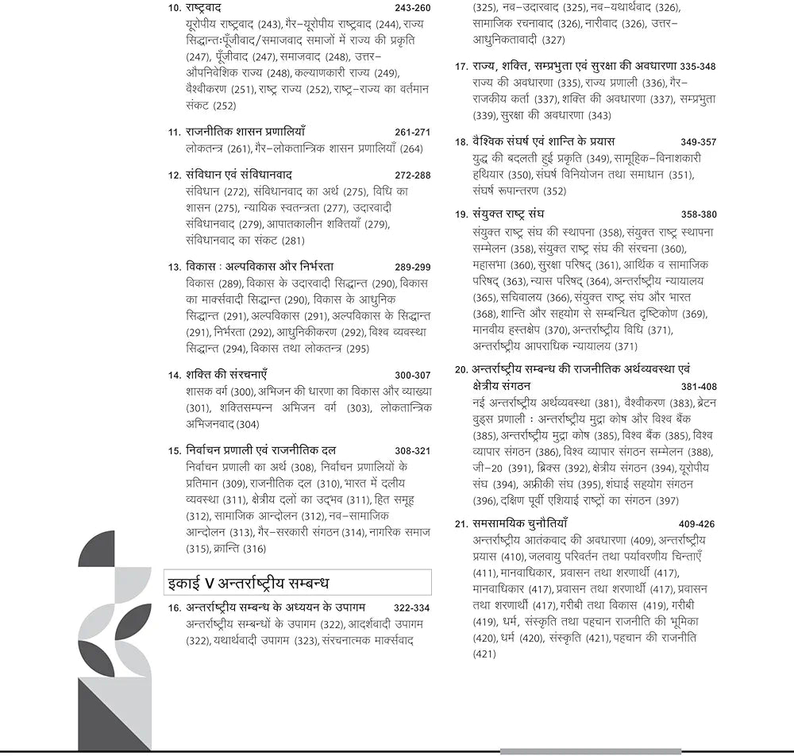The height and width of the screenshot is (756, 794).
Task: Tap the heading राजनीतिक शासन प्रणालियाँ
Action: pos(245,132)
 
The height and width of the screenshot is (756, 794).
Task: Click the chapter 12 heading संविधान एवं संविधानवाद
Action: pos(242,174)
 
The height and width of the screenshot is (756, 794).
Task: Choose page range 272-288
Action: pos(412,175)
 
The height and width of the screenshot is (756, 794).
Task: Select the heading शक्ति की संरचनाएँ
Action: pos(227,375)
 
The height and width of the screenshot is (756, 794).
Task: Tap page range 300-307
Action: pos(412,376)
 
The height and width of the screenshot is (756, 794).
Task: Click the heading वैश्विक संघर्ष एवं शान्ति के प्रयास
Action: pos(554,141)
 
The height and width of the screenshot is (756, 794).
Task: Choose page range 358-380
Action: pos(698,214)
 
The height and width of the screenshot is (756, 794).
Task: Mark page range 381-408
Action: pos(698,387)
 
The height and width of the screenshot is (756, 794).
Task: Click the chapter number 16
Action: pos(174,607)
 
